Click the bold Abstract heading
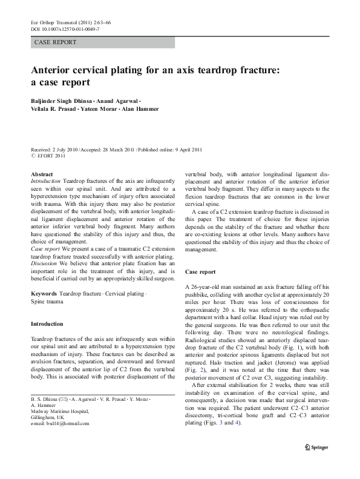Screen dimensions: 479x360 point(42,174)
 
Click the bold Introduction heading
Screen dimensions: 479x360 point(50,323)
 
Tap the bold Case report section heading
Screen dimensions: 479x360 point(200,272)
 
